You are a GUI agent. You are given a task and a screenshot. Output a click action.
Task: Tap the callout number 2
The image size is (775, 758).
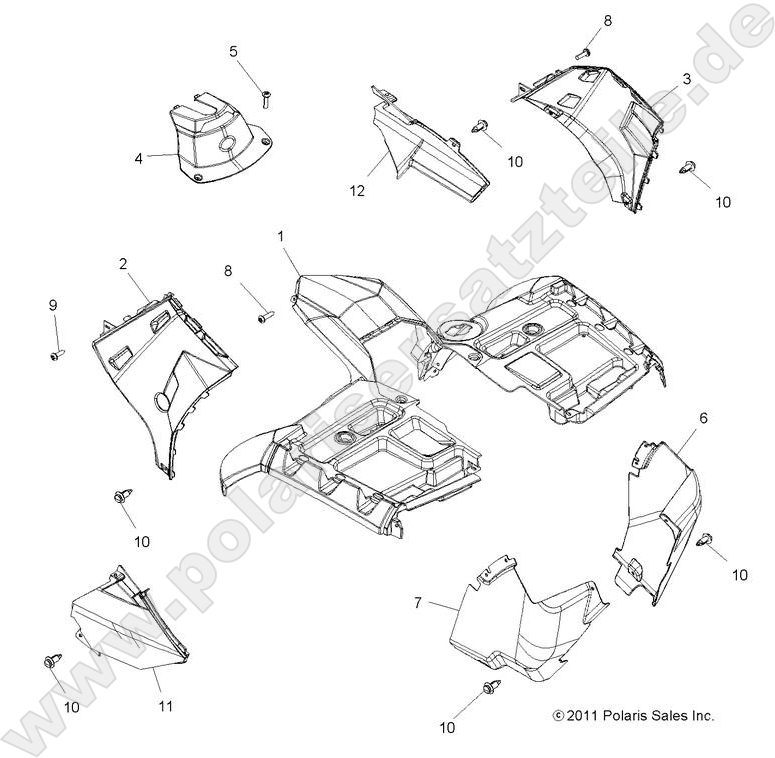click(x=122, y=264)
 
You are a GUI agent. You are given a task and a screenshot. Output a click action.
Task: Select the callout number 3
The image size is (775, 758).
click(x=687, y=79)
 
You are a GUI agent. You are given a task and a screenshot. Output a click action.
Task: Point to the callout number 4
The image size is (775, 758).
click(x=139, y=156)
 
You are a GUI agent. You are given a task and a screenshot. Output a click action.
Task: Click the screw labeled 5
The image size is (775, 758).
click(x=267, y=97)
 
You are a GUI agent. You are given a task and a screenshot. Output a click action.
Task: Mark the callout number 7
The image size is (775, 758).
click(x=418, y=603)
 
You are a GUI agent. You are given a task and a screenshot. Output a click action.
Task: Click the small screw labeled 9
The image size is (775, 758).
click(x=56, y=353)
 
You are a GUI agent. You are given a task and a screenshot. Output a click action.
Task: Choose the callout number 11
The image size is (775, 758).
click(x=166, y=706)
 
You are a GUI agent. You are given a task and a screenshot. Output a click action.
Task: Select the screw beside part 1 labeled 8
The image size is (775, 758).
click(x=265, y=318)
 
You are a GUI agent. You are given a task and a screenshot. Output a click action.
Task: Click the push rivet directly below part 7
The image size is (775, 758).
click(x=491, y=687)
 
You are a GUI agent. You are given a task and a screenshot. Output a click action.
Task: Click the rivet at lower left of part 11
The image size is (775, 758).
click(x=50, y=663)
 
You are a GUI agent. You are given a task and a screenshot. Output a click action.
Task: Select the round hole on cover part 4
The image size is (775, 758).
click(x=228, y=146)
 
